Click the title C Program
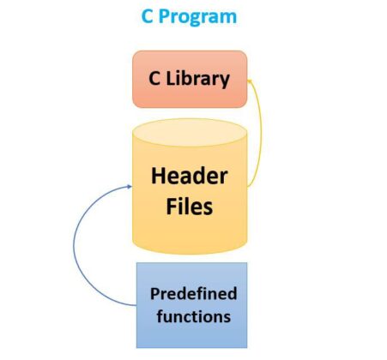189,17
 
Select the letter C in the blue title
148,17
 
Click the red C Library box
189,79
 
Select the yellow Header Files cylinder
189,189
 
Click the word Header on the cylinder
189,177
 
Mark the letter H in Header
159,177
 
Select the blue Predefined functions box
192,304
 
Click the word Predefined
193,294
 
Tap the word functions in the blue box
190,315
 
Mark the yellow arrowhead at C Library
250,80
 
